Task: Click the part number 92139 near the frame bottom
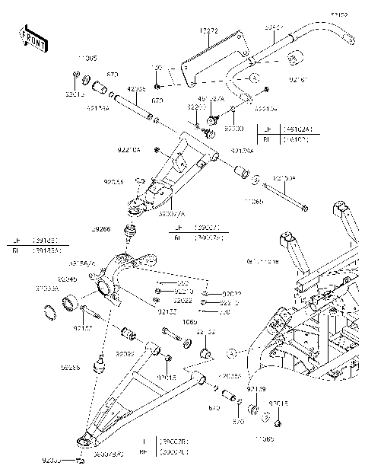click(x=257, y=388)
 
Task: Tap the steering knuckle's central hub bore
click(x=103, y=288)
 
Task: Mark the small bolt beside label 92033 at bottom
click(x=81, y=461)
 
